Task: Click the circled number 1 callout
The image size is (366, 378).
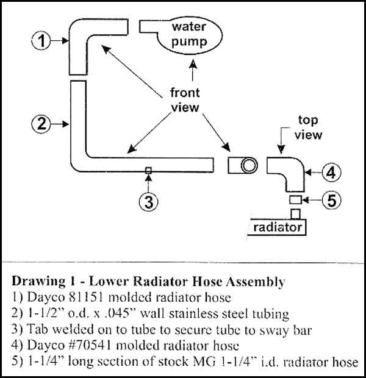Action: pyautogui.click(x=40, y=41)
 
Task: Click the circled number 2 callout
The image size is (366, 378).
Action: pyautogui.click(x=40, y=124)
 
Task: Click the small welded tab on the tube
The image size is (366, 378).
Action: pyautogui.click(x=147, y=170)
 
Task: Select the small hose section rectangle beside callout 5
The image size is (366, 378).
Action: pyautogui.click(x=295, y=200)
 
